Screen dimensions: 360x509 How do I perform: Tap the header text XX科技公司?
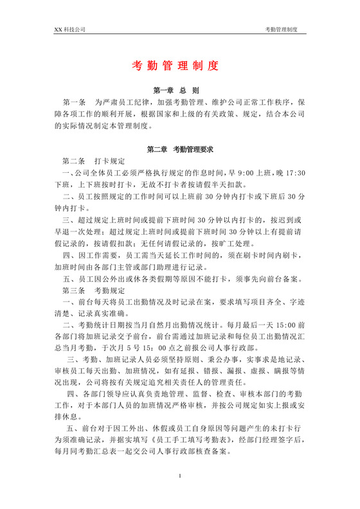pos(69,30)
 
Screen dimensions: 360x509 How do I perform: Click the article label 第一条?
pos(73,102)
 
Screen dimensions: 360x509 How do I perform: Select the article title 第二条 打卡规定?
pos(93,161)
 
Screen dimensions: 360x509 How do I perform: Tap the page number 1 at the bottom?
pos(180,493)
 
